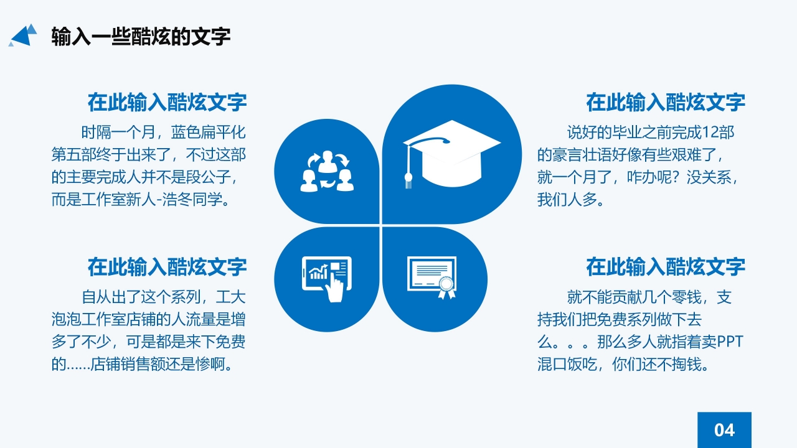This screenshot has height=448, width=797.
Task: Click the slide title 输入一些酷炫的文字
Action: click(x=141, y=36)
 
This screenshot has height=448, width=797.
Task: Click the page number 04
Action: click(x=724, y=430)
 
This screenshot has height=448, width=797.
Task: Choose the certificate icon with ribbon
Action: click(x=432, y=277)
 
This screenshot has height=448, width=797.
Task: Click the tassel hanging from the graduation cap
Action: click(x=408, y=168)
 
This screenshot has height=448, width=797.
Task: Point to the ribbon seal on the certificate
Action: click(x=446, y=287)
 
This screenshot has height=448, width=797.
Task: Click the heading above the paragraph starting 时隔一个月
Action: click(x=167, y=102)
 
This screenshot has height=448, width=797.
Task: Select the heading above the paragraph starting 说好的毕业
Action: click(x=666, y=102)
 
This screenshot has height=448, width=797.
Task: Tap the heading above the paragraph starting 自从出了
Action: click(x=167, y=267)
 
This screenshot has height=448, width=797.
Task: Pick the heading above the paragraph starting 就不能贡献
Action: click(x=666, y=267)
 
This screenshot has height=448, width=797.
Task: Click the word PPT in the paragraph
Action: click(x=731, y=342)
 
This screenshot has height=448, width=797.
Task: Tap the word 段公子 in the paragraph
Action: click(x=212, y=177)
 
